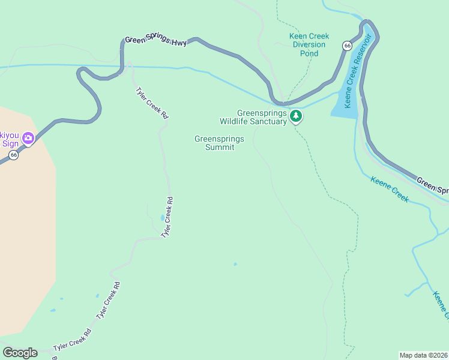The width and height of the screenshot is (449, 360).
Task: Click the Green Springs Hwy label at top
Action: pos(156,41)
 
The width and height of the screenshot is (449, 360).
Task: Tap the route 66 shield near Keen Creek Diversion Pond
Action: pos(347,46)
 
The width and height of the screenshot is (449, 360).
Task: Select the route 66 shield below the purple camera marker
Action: pos(13,155)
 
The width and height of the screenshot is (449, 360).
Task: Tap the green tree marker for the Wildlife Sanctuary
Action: pos(295,116)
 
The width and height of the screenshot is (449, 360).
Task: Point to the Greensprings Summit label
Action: pos(220,143)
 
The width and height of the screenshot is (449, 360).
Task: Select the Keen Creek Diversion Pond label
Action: pos(309,45)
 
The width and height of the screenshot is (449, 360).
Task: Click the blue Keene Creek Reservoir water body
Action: pos(345,102)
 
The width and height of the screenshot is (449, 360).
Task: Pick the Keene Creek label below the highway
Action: pos(389,189)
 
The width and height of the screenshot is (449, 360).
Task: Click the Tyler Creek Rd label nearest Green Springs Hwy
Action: pos(151,103)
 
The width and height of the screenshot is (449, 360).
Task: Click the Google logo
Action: pos(20,353)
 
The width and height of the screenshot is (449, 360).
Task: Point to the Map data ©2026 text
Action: pos(423,355)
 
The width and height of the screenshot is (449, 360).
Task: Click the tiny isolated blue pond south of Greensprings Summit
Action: pos(235,264)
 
